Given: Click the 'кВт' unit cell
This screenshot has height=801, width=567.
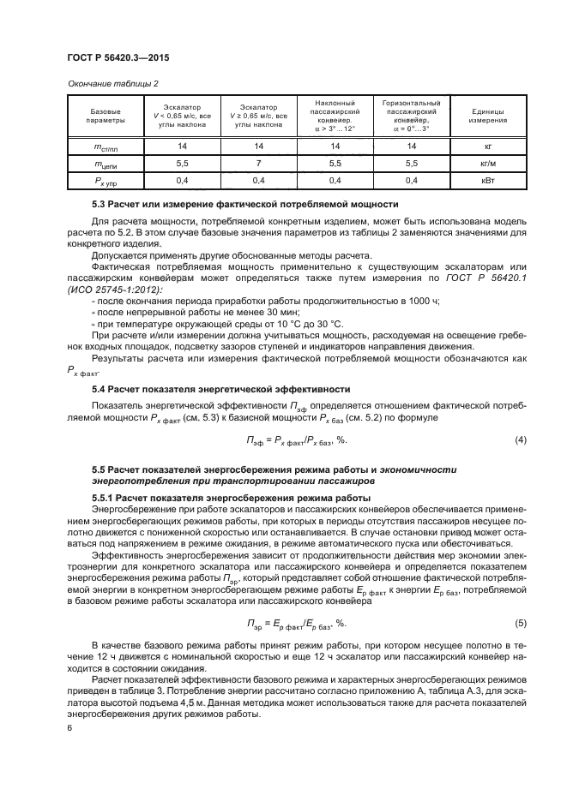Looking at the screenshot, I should [x=488, y=180].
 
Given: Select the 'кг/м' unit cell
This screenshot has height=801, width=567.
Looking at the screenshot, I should [x=488, y=163].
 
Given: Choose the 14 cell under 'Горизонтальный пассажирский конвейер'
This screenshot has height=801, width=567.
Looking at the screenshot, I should [x=411, y=146].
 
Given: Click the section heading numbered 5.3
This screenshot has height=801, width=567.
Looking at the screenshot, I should [x=244, y=205].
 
